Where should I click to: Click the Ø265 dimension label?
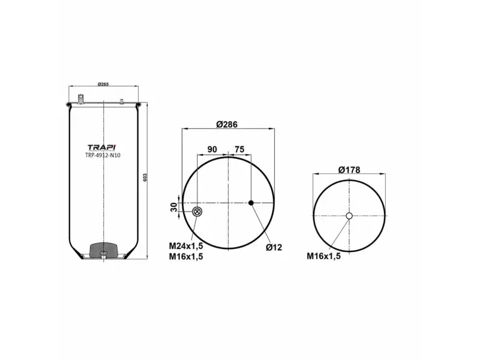(x=103, y=84)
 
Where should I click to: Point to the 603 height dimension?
(x=145, y=178)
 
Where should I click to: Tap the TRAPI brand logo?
(x=103, y=148)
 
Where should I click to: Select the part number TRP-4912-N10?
(x=103, y=155)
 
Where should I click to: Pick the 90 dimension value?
(x=212, y=149)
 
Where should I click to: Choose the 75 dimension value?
(x=239, y=149)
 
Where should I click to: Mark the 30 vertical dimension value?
(x=174, y=206)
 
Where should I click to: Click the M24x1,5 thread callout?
(x=186, y=246)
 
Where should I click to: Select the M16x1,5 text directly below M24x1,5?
(x=186, y=257)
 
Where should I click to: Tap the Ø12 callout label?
(x=274, y=247)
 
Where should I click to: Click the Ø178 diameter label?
(x=349, y=170)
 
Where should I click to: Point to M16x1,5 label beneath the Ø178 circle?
(x=324, y=256)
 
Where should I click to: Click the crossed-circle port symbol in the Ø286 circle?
(x=197, y=211)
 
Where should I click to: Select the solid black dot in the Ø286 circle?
(x=251, y=203)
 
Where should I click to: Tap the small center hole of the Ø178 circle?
(x=349, y=216)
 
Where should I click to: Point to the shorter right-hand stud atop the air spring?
(x=121, y=100)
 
